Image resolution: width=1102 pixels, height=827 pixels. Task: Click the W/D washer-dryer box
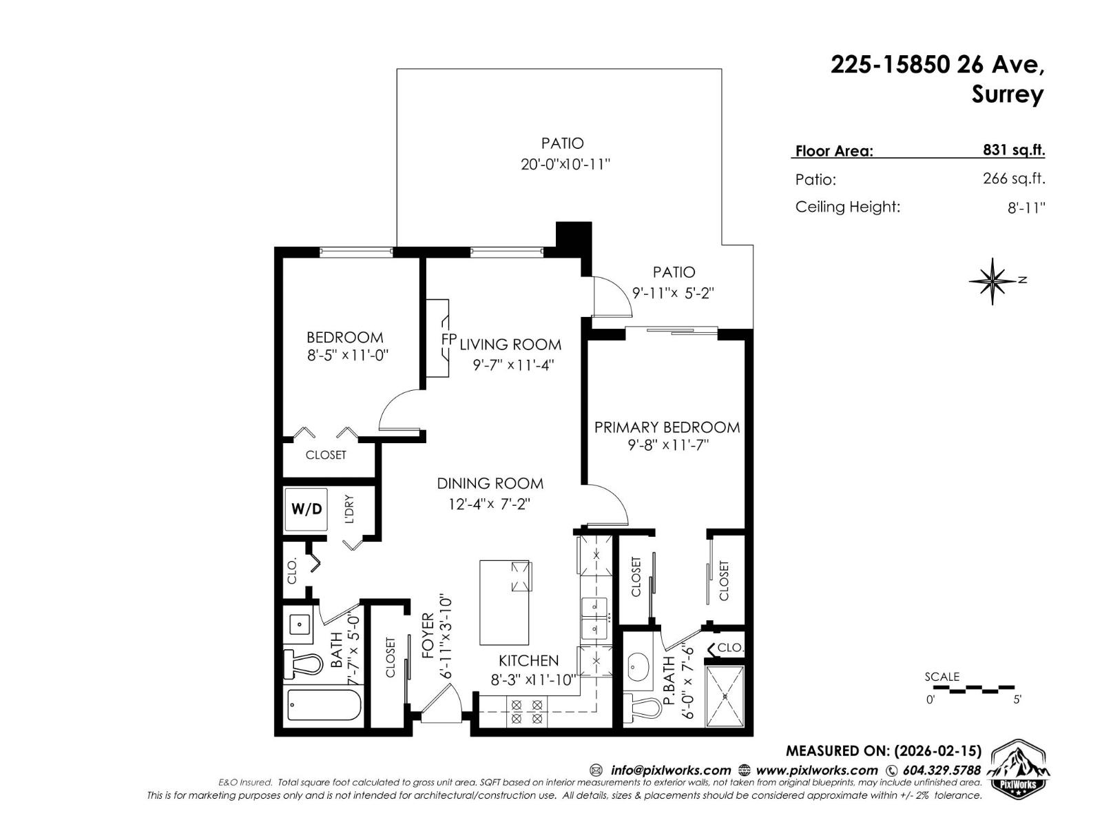306,509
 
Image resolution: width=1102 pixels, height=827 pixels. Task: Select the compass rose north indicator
992,281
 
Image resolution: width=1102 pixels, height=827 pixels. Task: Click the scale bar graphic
972,688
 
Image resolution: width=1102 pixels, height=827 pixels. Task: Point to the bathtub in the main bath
323,705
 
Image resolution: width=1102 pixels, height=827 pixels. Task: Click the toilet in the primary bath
647,706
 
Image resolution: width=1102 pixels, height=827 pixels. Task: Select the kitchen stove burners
526,711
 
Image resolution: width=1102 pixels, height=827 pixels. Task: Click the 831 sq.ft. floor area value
1013,150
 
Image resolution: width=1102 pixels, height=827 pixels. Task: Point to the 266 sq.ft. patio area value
1013,178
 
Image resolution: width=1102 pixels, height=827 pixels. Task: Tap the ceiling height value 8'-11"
1026,207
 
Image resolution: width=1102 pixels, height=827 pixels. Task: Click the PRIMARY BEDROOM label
667,427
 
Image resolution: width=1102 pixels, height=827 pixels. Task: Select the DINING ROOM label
490,483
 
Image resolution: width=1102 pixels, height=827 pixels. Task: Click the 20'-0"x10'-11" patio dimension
565,165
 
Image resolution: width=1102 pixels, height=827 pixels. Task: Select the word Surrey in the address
1007,94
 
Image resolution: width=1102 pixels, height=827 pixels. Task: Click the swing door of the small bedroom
398,413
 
